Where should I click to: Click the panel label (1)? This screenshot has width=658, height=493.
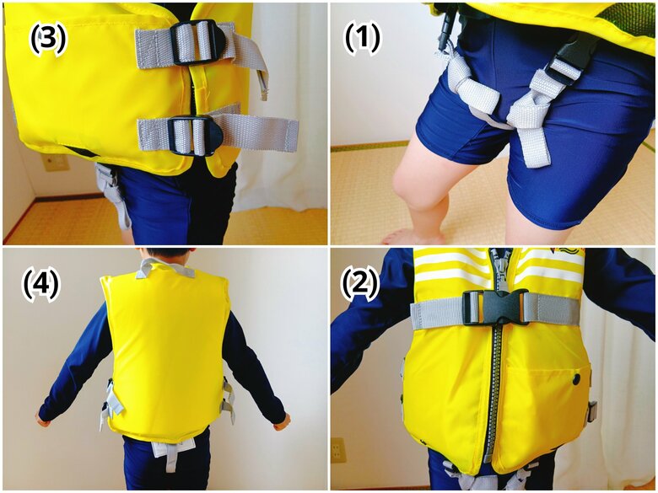tap(362, 37)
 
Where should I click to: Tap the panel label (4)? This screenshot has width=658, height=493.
tap(40, 286)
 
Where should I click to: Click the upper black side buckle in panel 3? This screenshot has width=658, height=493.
tap(198, 43)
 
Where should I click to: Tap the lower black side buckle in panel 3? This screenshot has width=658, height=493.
tap(195, 136)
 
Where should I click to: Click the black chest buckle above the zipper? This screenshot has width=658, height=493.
tap(496, 308)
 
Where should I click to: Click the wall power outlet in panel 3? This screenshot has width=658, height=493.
tap(57, 163)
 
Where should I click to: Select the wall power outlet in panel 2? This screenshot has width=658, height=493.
tap(337, 450)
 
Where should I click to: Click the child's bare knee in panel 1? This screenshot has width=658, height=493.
tap(413, 185)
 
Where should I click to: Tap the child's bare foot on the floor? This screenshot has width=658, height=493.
tap(413, 237)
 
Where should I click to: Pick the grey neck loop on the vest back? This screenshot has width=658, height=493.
tap(164, 268)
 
